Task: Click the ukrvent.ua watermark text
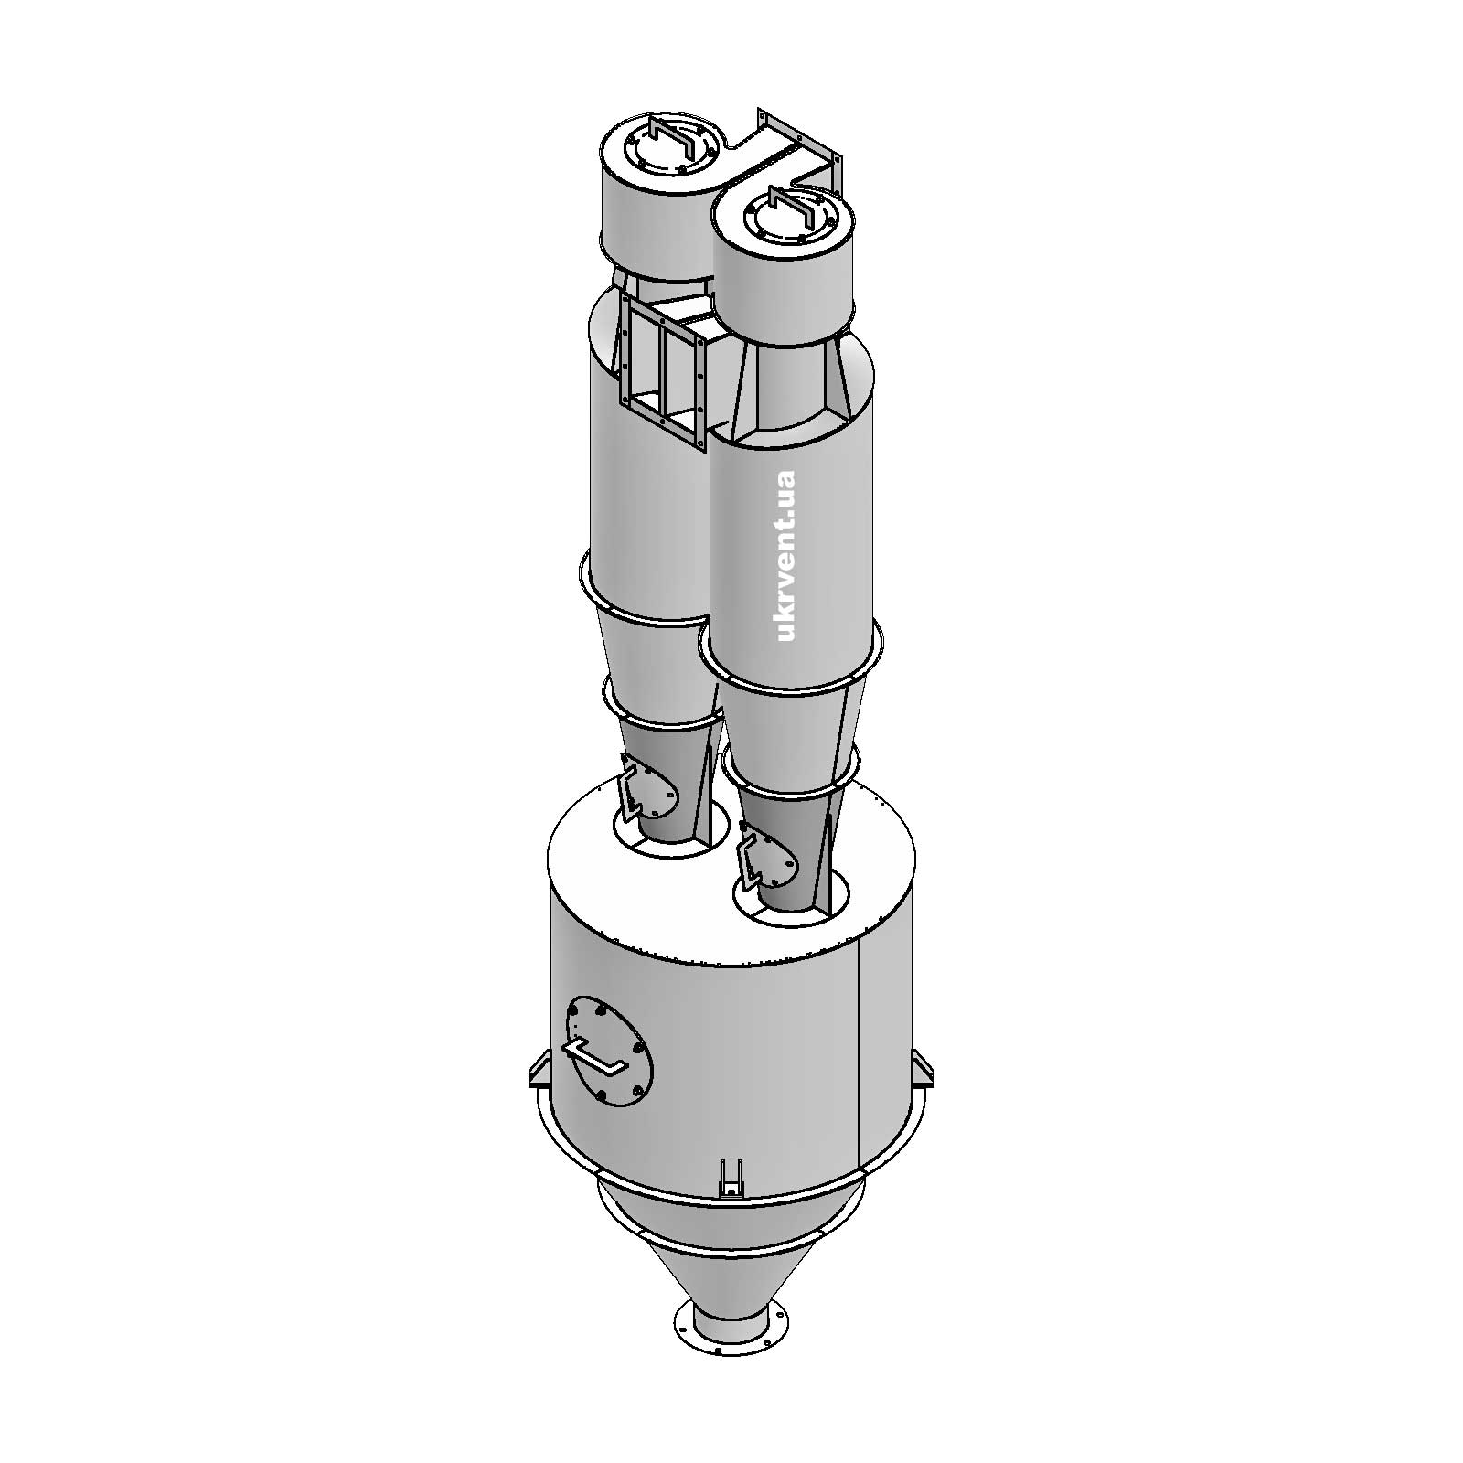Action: pos(787,555)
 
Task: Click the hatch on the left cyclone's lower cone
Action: pos(649,785)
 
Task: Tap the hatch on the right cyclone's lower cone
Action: pos(768,854)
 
